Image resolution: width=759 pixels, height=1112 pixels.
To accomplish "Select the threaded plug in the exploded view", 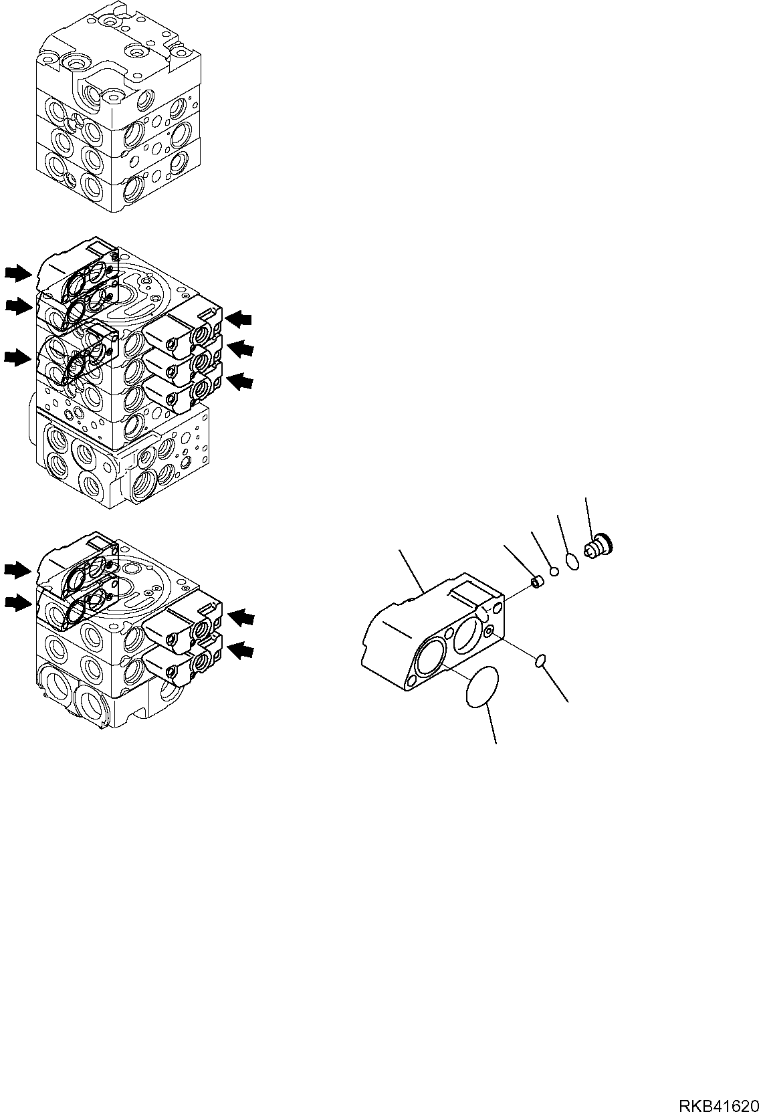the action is tap(599, 545).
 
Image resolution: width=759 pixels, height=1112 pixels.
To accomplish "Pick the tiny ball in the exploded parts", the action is tap(554, 570).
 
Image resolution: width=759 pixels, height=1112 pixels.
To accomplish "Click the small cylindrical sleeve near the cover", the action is tap(538, 584).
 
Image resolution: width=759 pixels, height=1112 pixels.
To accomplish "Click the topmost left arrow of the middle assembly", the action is tap(17, 272).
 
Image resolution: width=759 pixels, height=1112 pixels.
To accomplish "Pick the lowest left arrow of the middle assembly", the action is tap(17, 358).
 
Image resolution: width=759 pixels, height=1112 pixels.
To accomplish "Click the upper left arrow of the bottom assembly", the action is tap(17, 569).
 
